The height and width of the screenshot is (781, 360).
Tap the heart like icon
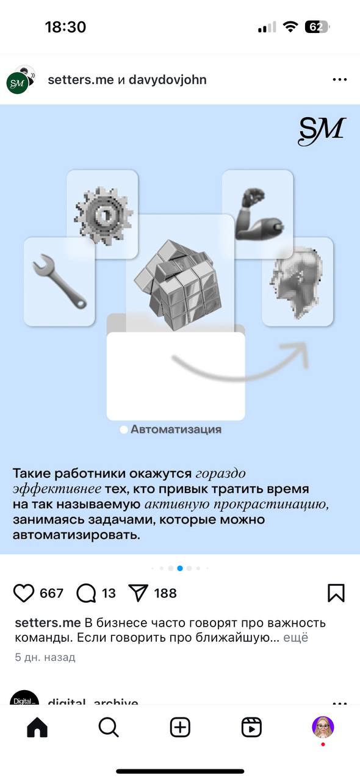[24, 593]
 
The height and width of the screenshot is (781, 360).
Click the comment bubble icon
[86, 593]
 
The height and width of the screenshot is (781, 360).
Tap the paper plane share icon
[139, 593]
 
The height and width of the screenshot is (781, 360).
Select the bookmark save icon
[336, 593]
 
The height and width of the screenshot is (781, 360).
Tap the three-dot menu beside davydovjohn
[339, 80]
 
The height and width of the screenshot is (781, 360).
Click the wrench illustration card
[59, 282]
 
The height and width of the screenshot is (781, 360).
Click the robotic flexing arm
[257, 212]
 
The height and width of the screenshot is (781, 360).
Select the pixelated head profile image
[298, 282]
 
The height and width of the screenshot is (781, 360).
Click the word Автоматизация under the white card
[176, 430]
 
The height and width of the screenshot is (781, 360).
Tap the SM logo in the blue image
[322, 131]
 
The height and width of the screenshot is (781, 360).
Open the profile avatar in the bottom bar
[323, 726]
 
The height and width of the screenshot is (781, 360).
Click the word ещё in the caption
[296, 638]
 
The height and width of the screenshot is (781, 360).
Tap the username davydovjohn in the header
[167, 80]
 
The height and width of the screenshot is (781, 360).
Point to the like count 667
[51, 593]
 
